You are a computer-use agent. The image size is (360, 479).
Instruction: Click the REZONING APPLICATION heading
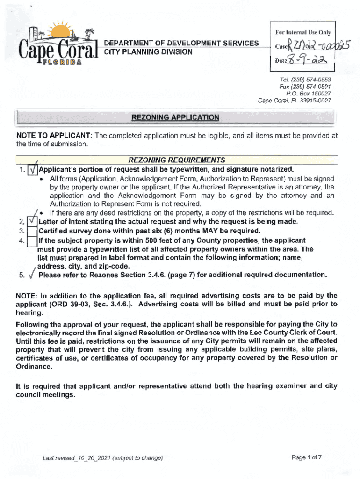click(x=175, y=117)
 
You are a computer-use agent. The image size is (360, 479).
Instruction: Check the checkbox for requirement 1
click(x=32, y=169)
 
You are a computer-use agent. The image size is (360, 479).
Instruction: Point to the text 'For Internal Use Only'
click(x=302, y=33)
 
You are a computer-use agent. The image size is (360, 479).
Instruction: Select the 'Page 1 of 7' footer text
click(x=306, y=457)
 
